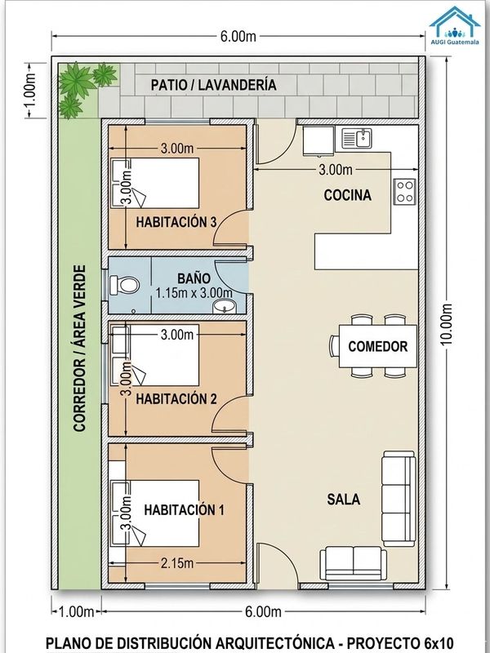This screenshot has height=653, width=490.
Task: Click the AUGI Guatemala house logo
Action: tap(455, 25)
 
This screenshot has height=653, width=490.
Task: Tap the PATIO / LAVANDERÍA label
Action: tap(213, 85)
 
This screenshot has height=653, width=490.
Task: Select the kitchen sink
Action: tap(357, 138)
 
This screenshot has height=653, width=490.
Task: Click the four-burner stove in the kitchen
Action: tap(404, 192)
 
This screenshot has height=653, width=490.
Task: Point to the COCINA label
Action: tap(348, 195)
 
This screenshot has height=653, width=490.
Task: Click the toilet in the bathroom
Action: tap(124, 285)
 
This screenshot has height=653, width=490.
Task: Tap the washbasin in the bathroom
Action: tap(225, 306)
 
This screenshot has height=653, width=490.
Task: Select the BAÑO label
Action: tap(194, 278)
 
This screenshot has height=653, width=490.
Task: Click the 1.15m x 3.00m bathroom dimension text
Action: tap(194, 292)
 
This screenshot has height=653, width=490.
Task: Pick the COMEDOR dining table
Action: tap(378, 346)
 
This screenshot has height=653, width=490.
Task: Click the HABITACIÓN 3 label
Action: tap(176, 222)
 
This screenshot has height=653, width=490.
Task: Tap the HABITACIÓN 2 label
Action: tap(176, 399)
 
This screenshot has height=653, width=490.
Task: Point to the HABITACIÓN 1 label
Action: tap(185, 509)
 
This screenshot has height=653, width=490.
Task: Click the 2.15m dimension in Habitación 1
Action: tap(177, 563)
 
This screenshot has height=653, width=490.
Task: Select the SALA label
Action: tap(343, 500)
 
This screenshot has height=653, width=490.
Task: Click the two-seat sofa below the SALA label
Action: tap(354, 563)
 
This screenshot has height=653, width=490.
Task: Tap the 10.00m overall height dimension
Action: tap(446, 324)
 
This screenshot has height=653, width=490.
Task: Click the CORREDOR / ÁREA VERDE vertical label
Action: tap(79, 349)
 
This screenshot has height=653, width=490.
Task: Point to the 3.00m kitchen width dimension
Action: tap(336, 170)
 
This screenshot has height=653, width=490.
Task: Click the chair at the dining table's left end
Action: tap(334, 345)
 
